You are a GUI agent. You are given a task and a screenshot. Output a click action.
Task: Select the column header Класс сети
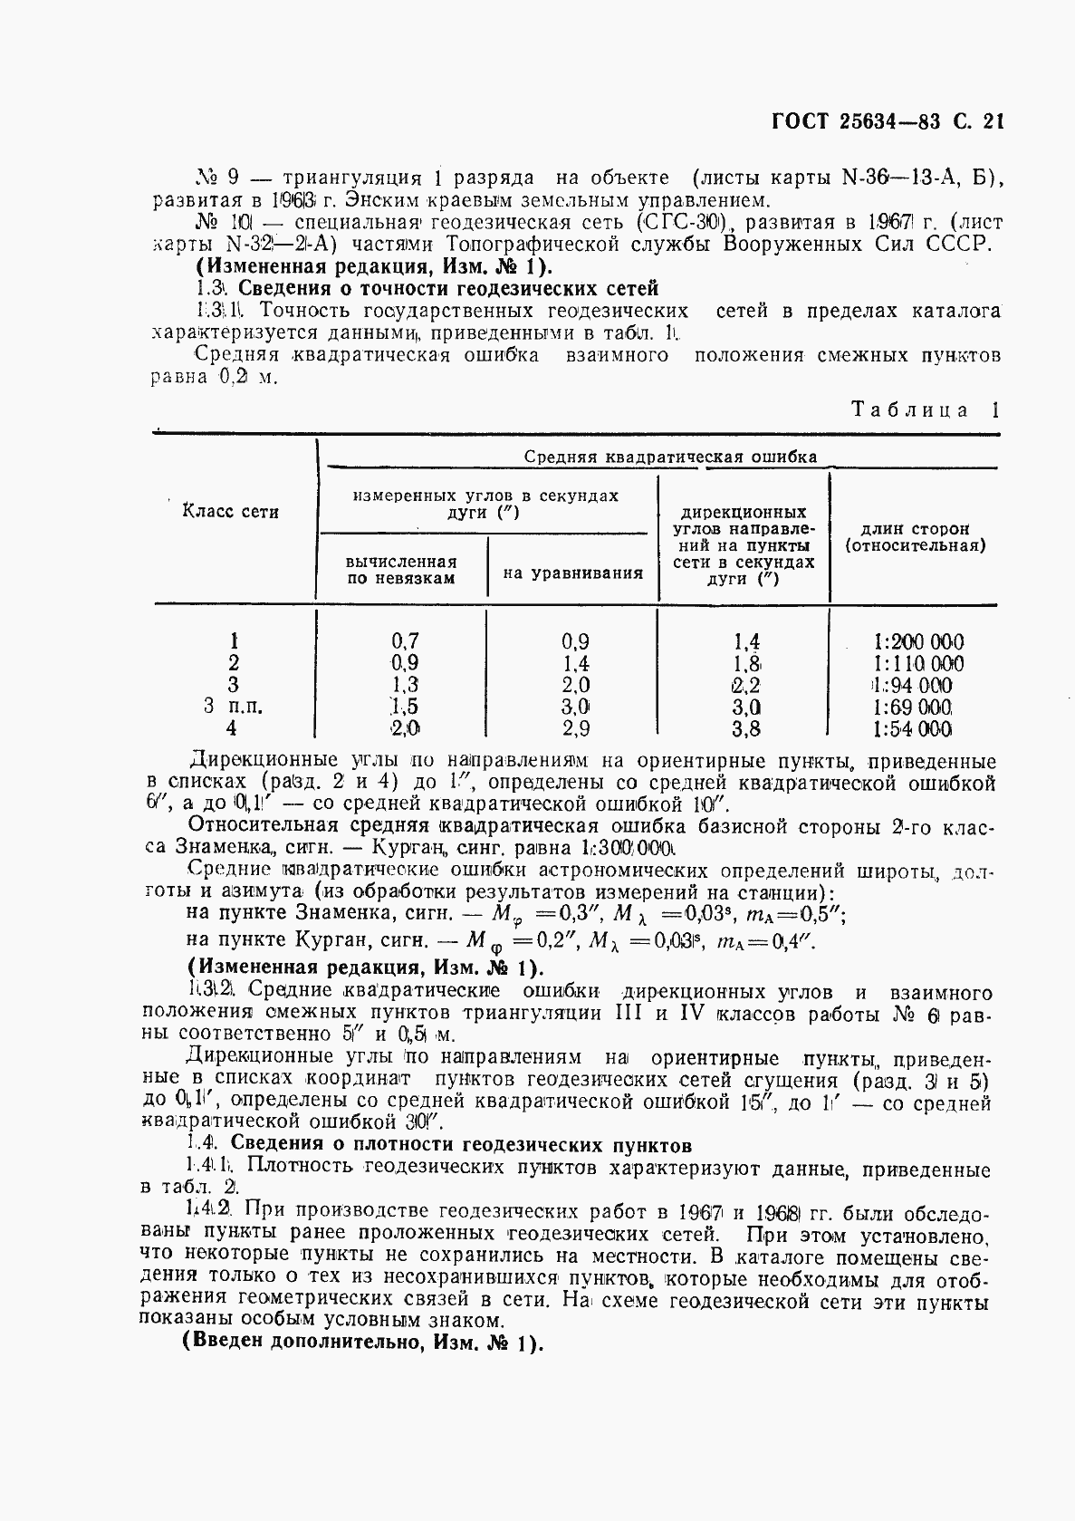pyautogui.click(x=231, y=512)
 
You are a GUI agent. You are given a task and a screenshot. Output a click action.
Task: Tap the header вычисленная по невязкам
pyautogui.click(x=401, y=570)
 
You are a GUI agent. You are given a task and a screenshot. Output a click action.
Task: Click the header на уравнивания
pyautogui.click(x=572, y=573)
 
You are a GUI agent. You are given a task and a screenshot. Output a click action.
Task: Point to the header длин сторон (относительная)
pyautogui.click(x=915, y=537)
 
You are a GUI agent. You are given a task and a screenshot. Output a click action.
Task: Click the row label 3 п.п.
pyautogui.click(x=234, y=708)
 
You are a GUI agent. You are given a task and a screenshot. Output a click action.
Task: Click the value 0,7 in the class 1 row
pyautogui.click(x=404, y=641)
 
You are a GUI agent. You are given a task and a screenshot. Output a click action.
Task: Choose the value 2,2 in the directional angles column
pyautogui.click(x=746, y=686)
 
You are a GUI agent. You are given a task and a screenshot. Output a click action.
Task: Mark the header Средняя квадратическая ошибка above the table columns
pyautogui.click(x=670, y=457)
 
